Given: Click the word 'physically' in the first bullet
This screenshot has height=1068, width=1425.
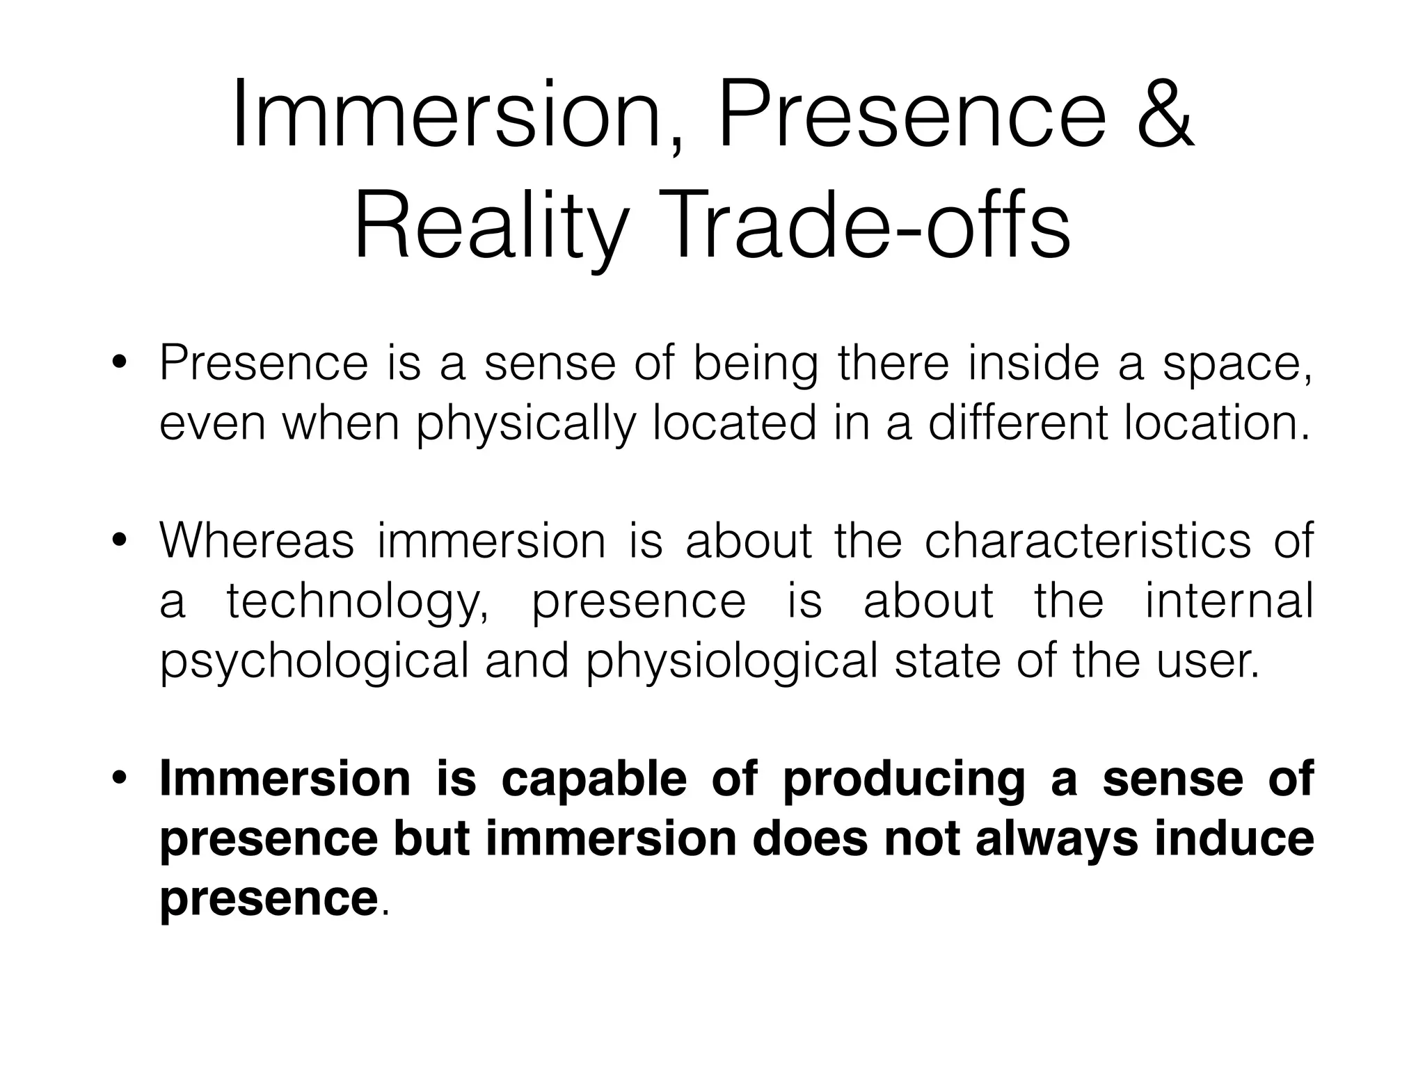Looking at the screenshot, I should [x=526, y=425].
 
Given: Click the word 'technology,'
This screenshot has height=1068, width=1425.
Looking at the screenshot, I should [x=358, y=602].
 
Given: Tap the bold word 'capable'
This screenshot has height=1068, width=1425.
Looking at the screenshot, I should [x=594, y=780].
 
